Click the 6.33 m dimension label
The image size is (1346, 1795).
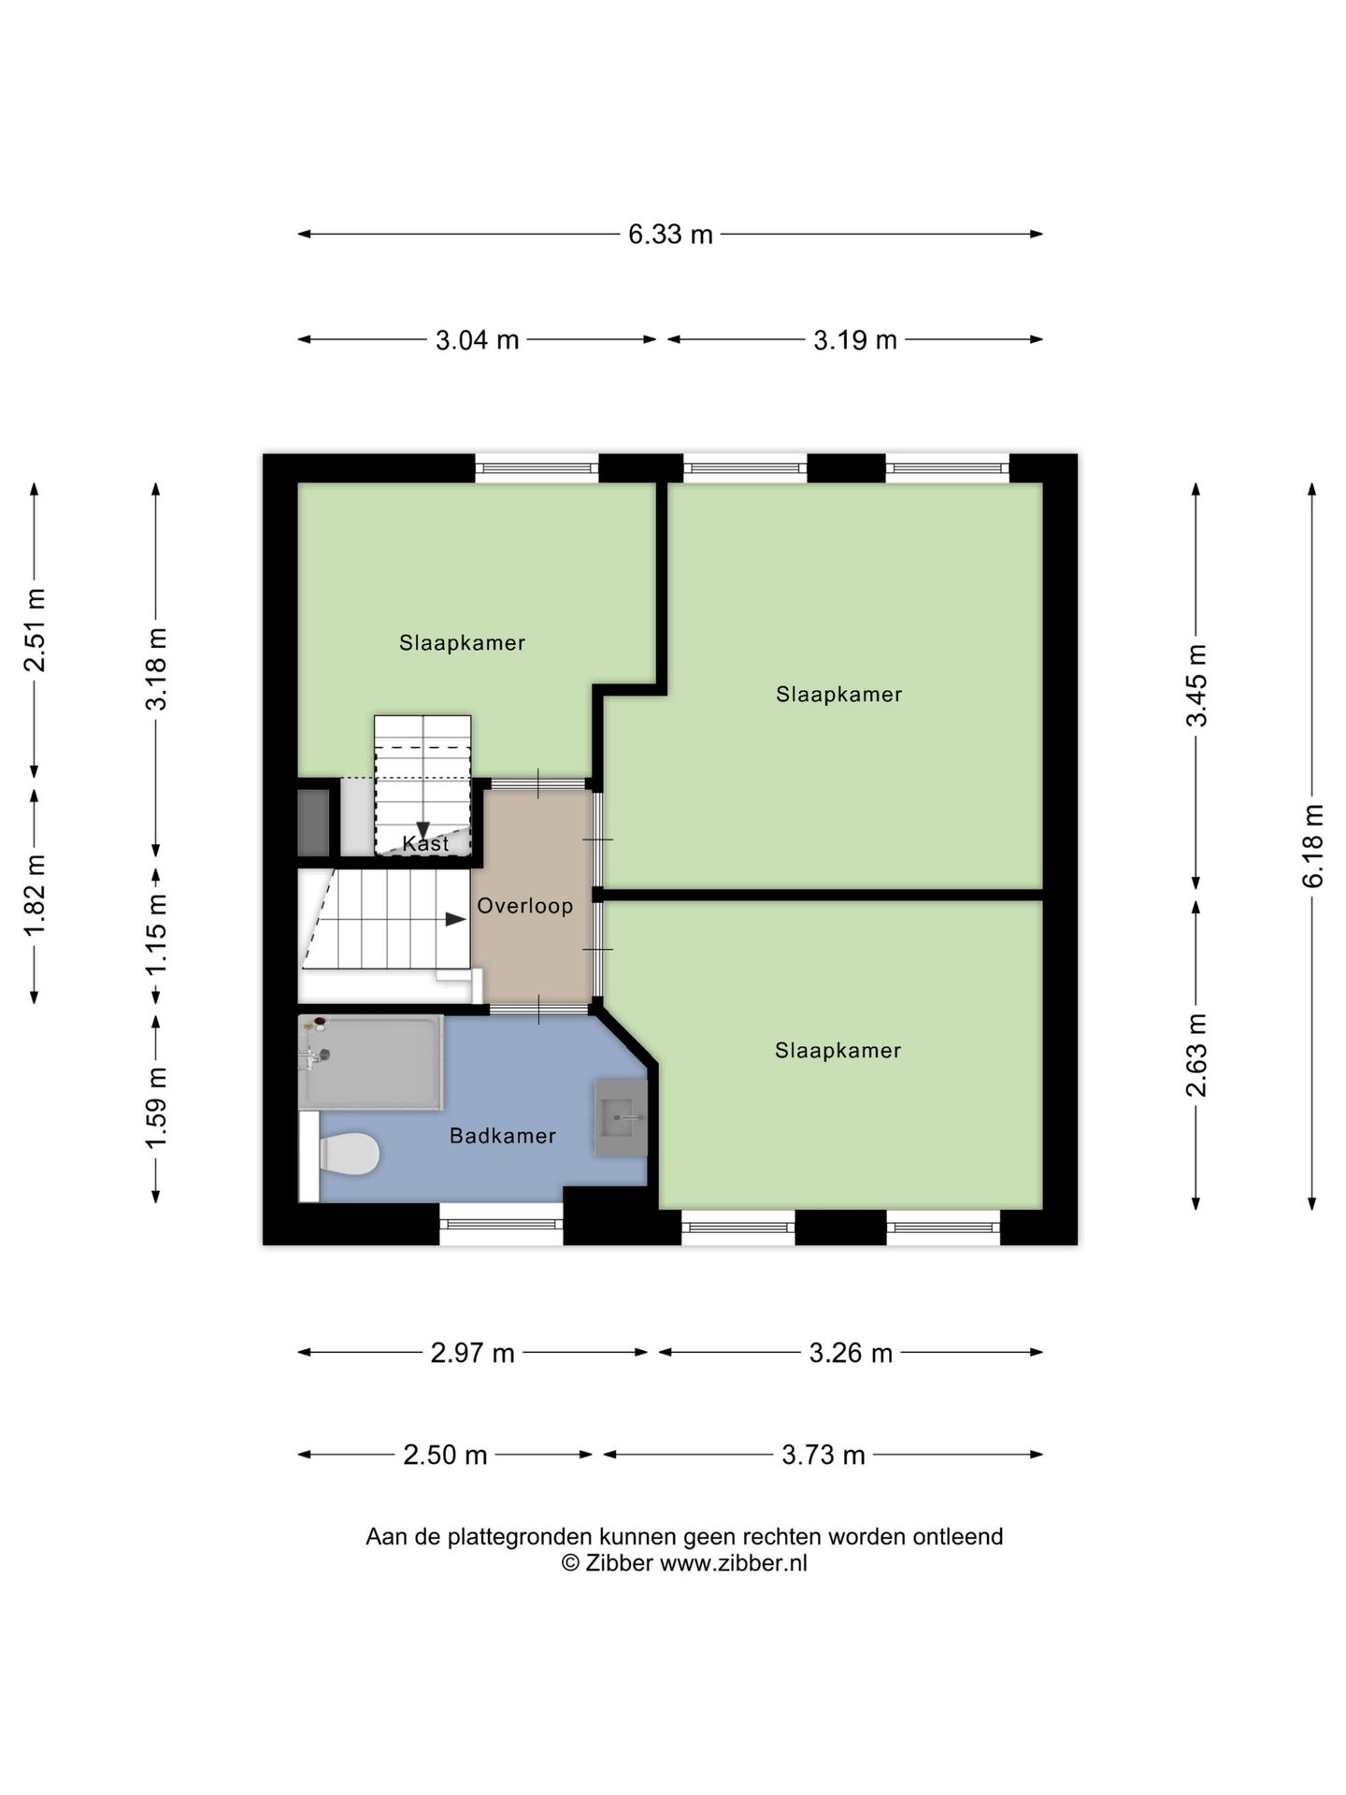(x=670, y=235)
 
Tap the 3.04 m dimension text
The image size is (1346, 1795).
(x=477, y=339)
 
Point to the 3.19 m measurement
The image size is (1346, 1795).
(x=855, y=339)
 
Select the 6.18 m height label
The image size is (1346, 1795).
(x=1312, y=846)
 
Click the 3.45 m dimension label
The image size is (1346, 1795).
(x=1196, y=685)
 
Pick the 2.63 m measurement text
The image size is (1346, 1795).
(x=1196, y=1055)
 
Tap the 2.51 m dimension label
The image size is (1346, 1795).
(x=36, y=630)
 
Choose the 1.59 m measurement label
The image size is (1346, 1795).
(x=156, y=1108)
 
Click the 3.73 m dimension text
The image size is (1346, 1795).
(x=823, y=1455)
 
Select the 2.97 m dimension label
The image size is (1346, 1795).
(x=473, y=1353)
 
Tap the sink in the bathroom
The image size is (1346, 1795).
(x=622, y=1117)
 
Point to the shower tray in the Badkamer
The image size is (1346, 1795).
(x=371, y=1062)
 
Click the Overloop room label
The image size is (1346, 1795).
(x=525, y=906)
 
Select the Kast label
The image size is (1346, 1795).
(x=425, y=843)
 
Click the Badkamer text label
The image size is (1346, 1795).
(x=503, y=1136)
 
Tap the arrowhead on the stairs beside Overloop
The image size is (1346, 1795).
(x=455, y=919)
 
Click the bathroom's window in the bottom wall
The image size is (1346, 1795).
(x=501, y=1224)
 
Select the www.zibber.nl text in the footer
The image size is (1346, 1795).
(x=734, y=1563)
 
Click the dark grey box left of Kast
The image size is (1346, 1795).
(x=314, y=823)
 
